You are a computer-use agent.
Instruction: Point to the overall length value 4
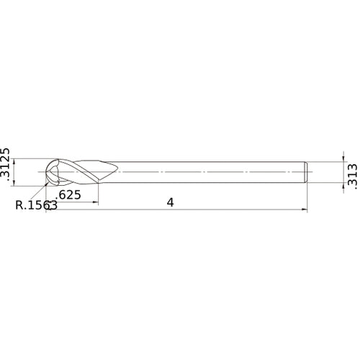pyautogui.click(x=170, y=202)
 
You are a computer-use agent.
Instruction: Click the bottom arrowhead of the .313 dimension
pyautogui.click(x=343, y=187)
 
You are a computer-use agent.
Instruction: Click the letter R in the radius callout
pyautogui.click(x=19, y=204)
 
